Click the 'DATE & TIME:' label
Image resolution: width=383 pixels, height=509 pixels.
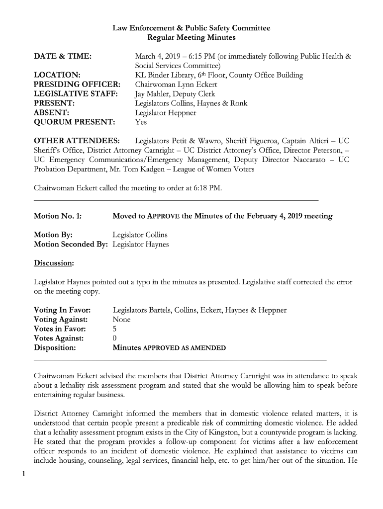click(x=62, y=57)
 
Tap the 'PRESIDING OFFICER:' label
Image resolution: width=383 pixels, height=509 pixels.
click(x=77, y=85)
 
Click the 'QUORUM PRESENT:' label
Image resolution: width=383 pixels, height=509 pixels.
click(x=74, y=122)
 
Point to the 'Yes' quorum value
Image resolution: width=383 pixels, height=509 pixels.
click(x=141, y=122)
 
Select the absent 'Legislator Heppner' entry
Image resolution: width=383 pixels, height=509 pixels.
click(x=166, y=113)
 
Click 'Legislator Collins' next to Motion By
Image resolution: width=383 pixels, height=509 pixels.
click(x=140, y=235)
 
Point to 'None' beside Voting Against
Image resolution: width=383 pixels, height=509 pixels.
click(x=122, y=320)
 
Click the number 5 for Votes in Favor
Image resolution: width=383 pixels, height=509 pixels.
click(x=115, y=329)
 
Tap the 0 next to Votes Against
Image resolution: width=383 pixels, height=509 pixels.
click(x=115, y=339)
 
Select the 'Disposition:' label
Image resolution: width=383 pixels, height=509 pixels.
click(x=55, y=348)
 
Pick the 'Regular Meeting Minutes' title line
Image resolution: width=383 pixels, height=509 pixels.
click(x=191, y=37)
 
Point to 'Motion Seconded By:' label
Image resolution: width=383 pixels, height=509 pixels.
click(x=71, y=244)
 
